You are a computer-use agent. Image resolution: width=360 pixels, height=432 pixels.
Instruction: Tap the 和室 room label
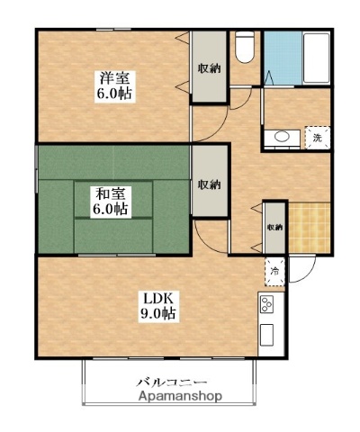(111, 192)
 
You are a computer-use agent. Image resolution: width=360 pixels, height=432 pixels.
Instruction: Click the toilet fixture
(244, 47)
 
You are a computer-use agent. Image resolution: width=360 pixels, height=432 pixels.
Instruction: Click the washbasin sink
(282, 138)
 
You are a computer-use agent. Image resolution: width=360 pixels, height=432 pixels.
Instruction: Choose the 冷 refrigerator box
(273, 270)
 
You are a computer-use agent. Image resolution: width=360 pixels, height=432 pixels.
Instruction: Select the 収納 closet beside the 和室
(209, 184)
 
